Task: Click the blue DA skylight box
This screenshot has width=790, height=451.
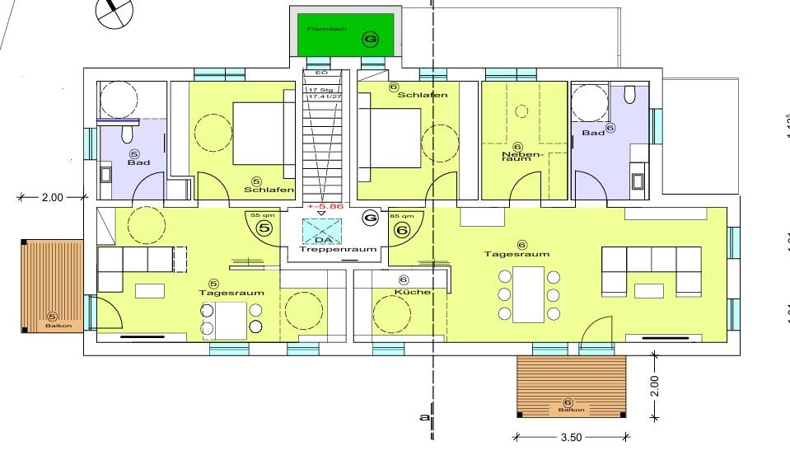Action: click(x=321, y=230)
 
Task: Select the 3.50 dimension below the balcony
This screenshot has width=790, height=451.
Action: click(x=569, y=438)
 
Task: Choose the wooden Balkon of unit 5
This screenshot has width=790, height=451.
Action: click(x=53, y=286)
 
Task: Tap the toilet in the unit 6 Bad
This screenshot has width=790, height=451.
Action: click(x=631, y=96)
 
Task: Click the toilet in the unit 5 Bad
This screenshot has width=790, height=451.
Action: click(x=128, y=134)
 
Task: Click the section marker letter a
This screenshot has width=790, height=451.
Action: click(x=423, y=417)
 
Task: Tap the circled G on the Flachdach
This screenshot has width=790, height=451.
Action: click(x=371, y=39)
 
